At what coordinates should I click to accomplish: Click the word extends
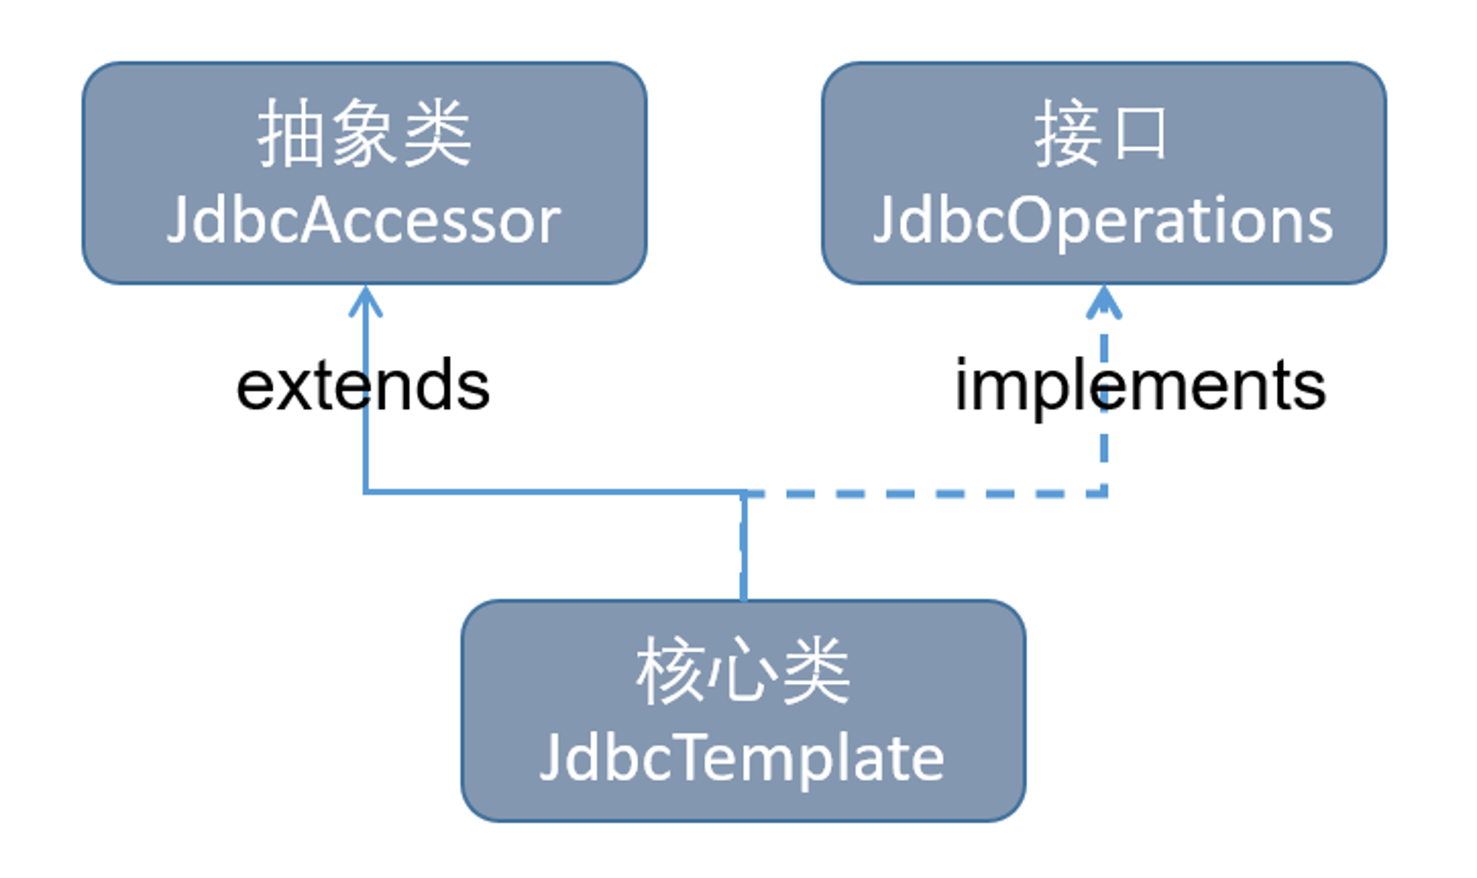coord(363,385)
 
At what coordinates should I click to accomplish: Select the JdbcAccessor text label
coord(363,219)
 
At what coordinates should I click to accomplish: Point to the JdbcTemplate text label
coord(742,759)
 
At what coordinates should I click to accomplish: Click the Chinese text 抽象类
coord(364,134)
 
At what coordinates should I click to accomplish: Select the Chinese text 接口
coord(1100,134)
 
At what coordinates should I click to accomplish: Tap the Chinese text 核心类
coord(742,670)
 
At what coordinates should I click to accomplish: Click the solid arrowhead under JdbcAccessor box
coord(366,301)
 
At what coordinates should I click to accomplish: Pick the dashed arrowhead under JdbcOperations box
coord(1104,302)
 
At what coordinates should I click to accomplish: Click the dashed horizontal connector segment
coord(925,493)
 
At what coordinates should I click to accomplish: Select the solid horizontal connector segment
coord(554,491)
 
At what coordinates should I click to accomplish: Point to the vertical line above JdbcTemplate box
coord(744,546)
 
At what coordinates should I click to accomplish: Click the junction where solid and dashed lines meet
coord(744,493)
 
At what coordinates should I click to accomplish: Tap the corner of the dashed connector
coord(1104,493)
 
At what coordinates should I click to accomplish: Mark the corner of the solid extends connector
coord(366,491)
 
